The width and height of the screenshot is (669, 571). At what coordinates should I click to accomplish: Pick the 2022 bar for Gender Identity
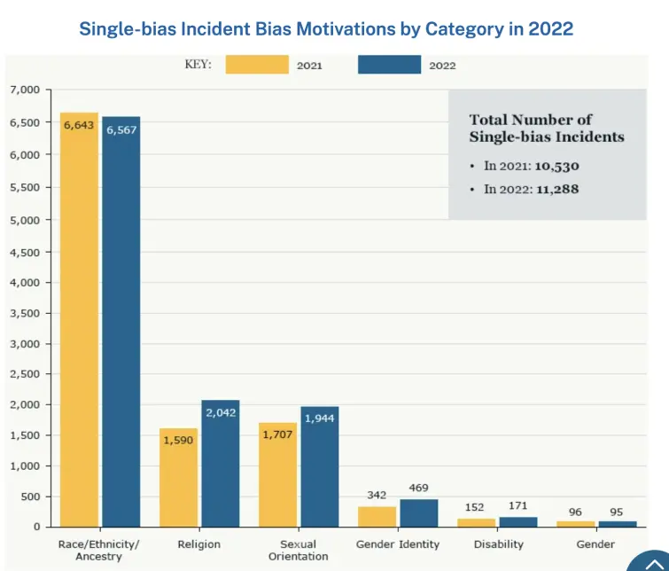tap(418, 512)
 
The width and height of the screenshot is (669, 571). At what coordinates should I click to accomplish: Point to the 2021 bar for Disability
tap(476, 523)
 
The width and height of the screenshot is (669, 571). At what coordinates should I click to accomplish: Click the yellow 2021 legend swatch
tap(257, 65)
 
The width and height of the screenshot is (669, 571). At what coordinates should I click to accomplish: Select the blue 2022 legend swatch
tap(389, 65)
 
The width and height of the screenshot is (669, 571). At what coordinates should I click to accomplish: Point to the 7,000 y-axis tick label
tap(25, 90)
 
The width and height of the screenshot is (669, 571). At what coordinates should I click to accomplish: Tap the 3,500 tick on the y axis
tap(25, 313)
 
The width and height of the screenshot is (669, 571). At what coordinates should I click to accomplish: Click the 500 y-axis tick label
tap(31, 497)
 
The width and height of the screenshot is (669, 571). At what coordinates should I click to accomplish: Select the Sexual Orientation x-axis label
tap(298, 550)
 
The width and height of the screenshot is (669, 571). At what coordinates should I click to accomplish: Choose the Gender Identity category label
tap(397, 544)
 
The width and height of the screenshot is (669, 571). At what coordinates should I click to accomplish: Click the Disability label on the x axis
tap(498, 544)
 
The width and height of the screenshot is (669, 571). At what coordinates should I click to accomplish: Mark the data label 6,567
tap(121, 129)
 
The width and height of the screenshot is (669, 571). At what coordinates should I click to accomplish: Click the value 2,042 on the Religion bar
tap(220, 412)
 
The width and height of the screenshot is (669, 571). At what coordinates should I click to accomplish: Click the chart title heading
tap(326, 28)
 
